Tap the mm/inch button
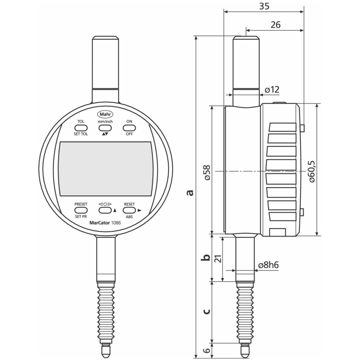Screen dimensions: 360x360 [105, 128]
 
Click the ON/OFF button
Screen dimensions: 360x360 [129, 128]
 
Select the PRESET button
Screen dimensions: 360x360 [81, 210]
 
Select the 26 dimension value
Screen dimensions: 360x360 [275, 25]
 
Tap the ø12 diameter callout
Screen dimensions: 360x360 [272, 89]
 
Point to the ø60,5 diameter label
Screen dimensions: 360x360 [312, 171]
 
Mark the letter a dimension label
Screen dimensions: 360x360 [189, 192]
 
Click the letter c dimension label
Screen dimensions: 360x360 [206, 311]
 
